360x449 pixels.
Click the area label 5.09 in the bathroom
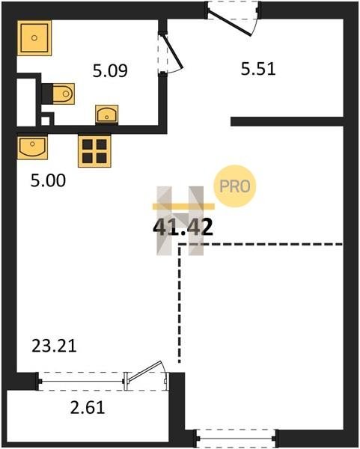coord(110,71)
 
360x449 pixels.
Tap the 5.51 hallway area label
coord(258,69)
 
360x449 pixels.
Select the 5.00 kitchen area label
coord(48,180)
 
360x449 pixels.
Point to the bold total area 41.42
coord(183,227)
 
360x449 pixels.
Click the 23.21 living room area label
coord(54,346)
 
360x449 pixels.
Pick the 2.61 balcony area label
coord(88,408)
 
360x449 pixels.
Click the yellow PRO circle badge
coord(235,186)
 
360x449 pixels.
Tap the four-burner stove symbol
coord(94,151)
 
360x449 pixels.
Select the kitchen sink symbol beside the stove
coord(32,147)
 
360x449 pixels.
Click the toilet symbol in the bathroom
coord(64,94)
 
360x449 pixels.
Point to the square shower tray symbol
coord(34,38)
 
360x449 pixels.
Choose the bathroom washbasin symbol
coord(106,114)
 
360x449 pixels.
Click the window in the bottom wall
coord(236,439)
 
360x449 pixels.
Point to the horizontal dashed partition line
coord(260,244)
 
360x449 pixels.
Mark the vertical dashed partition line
coord(180,303)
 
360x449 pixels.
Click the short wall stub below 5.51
coord(287,121)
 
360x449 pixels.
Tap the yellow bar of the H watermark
coord(183,207)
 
